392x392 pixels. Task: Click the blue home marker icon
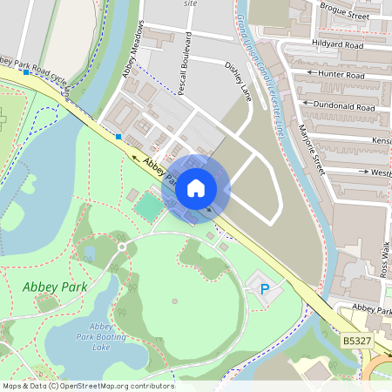pos(196,188)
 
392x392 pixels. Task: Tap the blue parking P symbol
pos(266,287)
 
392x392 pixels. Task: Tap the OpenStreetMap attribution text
pos(88,386)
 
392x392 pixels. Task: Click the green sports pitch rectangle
pos(149,206)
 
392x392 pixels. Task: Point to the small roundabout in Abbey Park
pos(122,247)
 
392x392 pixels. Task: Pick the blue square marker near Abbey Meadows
pos(118,136)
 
